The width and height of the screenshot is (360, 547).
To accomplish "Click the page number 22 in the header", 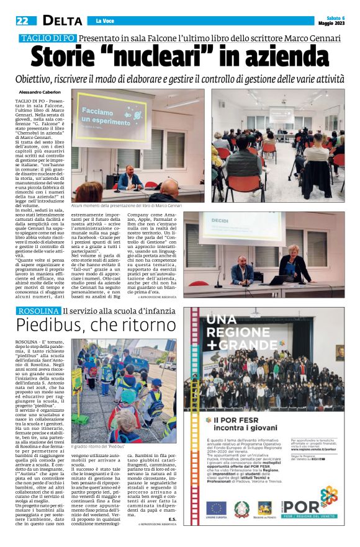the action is [x=22, y=20].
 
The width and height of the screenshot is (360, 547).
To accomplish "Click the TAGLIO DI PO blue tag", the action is [x=47, y=38].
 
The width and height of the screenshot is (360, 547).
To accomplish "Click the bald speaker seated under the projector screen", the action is [x=130, y=177].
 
